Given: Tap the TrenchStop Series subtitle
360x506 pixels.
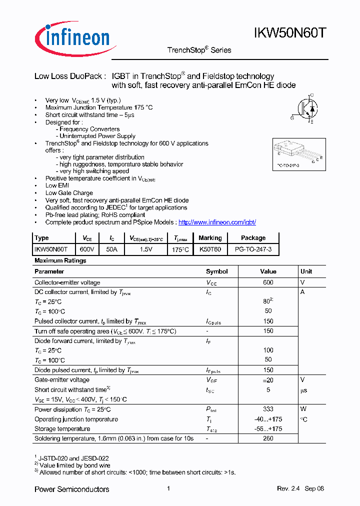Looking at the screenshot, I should click(199, 50).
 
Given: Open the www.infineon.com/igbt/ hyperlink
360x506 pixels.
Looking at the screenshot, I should click(217, 222).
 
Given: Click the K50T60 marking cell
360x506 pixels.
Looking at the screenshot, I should click(210, 248).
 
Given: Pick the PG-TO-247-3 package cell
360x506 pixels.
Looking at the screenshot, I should click(253, 248).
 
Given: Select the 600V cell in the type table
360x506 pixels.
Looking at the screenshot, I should click(84, 248).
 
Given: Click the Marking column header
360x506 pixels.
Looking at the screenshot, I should click(210, 238).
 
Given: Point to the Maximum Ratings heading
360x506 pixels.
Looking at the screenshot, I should click(60, 260).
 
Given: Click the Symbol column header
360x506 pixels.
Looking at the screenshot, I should click(217, 271).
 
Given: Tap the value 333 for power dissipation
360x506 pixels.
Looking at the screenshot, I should click(268, 409).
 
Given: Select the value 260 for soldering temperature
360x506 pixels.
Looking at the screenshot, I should click(268, 438).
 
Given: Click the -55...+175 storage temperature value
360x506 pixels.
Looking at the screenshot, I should click(268, 429).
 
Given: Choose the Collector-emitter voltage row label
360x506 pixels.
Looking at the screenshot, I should click(67, 282).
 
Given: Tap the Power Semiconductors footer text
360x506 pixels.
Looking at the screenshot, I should click(71, 489).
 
